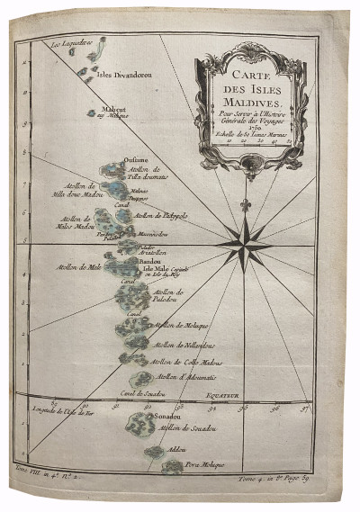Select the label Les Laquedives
(73, 42)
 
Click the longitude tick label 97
(302, 407)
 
